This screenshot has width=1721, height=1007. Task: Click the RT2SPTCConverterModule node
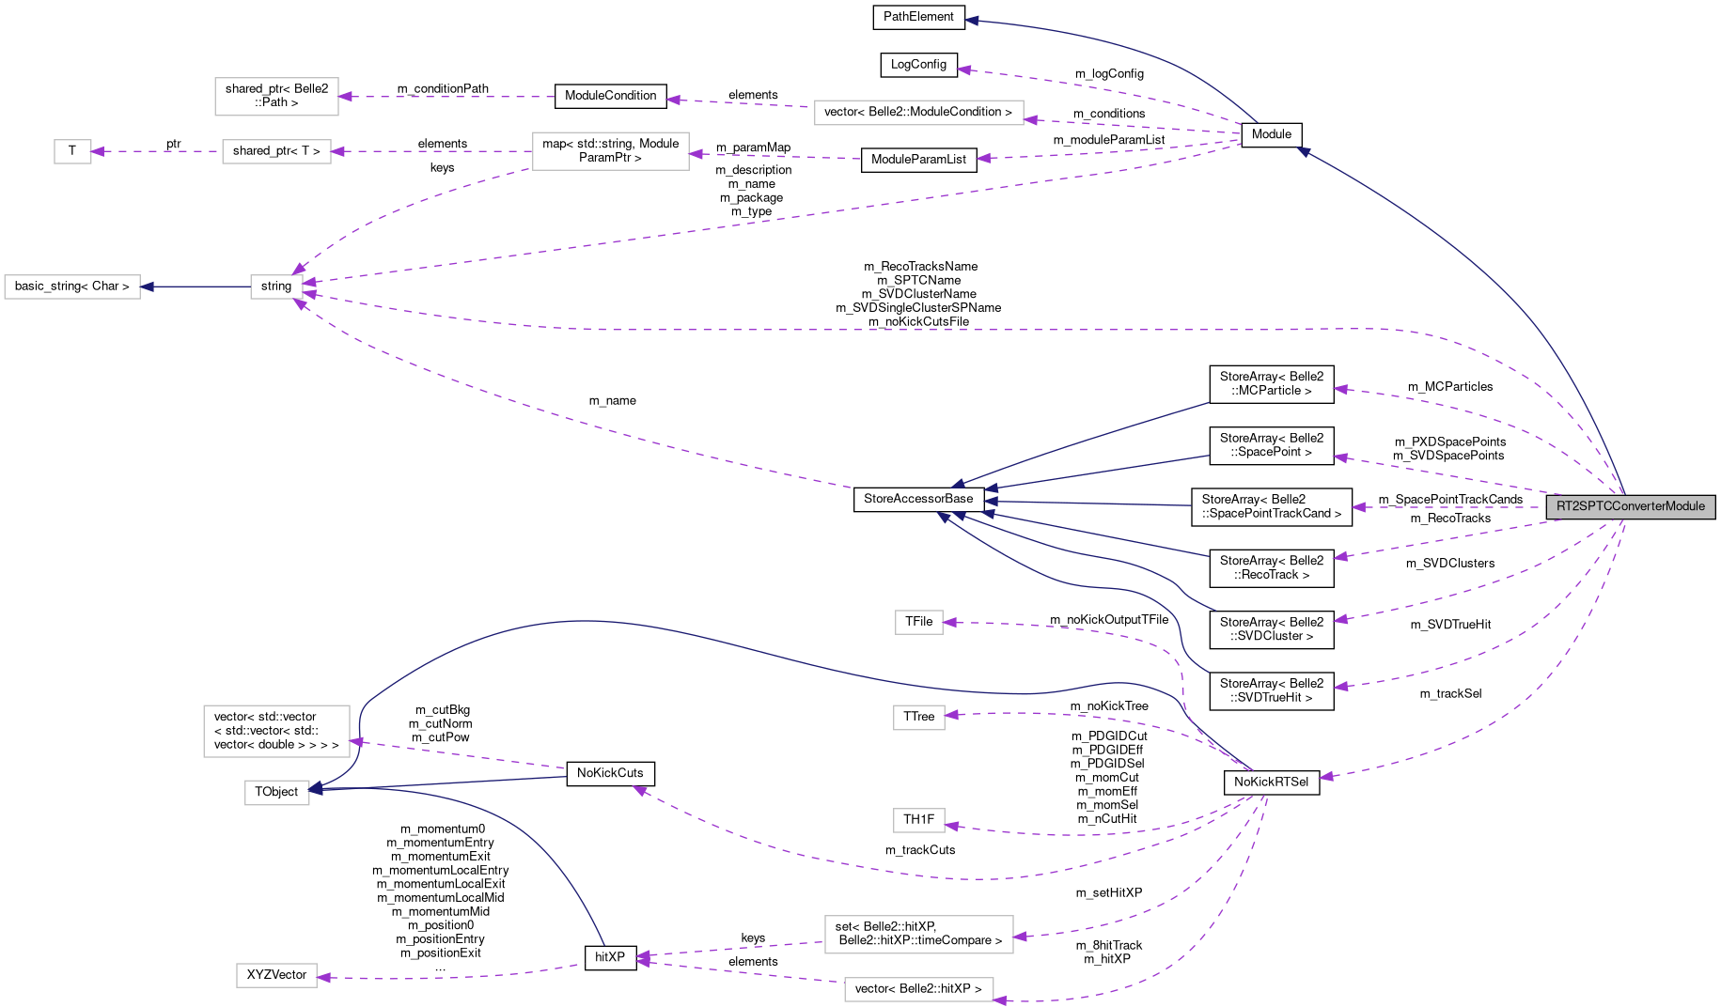[1631, 506]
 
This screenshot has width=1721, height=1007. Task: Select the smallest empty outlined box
[72, 151]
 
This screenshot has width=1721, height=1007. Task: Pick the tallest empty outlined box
[276, 731]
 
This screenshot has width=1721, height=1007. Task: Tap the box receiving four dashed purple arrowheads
[276, 287]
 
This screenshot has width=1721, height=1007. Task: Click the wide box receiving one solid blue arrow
[72, 287]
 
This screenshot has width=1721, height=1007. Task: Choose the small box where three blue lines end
[276, 793]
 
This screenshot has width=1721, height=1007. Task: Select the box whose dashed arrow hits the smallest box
[276, 151]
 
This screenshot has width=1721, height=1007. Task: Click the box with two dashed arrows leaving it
[610, 151]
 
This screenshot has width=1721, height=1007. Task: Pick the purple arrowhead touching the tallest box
[356, 742]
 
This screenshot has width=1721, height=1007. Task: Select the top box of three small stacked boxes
[918, 622]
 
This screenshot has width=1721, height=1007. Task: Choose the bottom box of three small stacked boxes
[918, 820]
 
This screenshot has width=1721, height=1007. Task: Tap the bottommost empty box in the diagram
[918, 989]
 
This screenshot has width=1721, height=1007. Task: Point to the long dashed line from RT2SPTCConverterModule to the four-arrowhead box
[940, 330]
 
